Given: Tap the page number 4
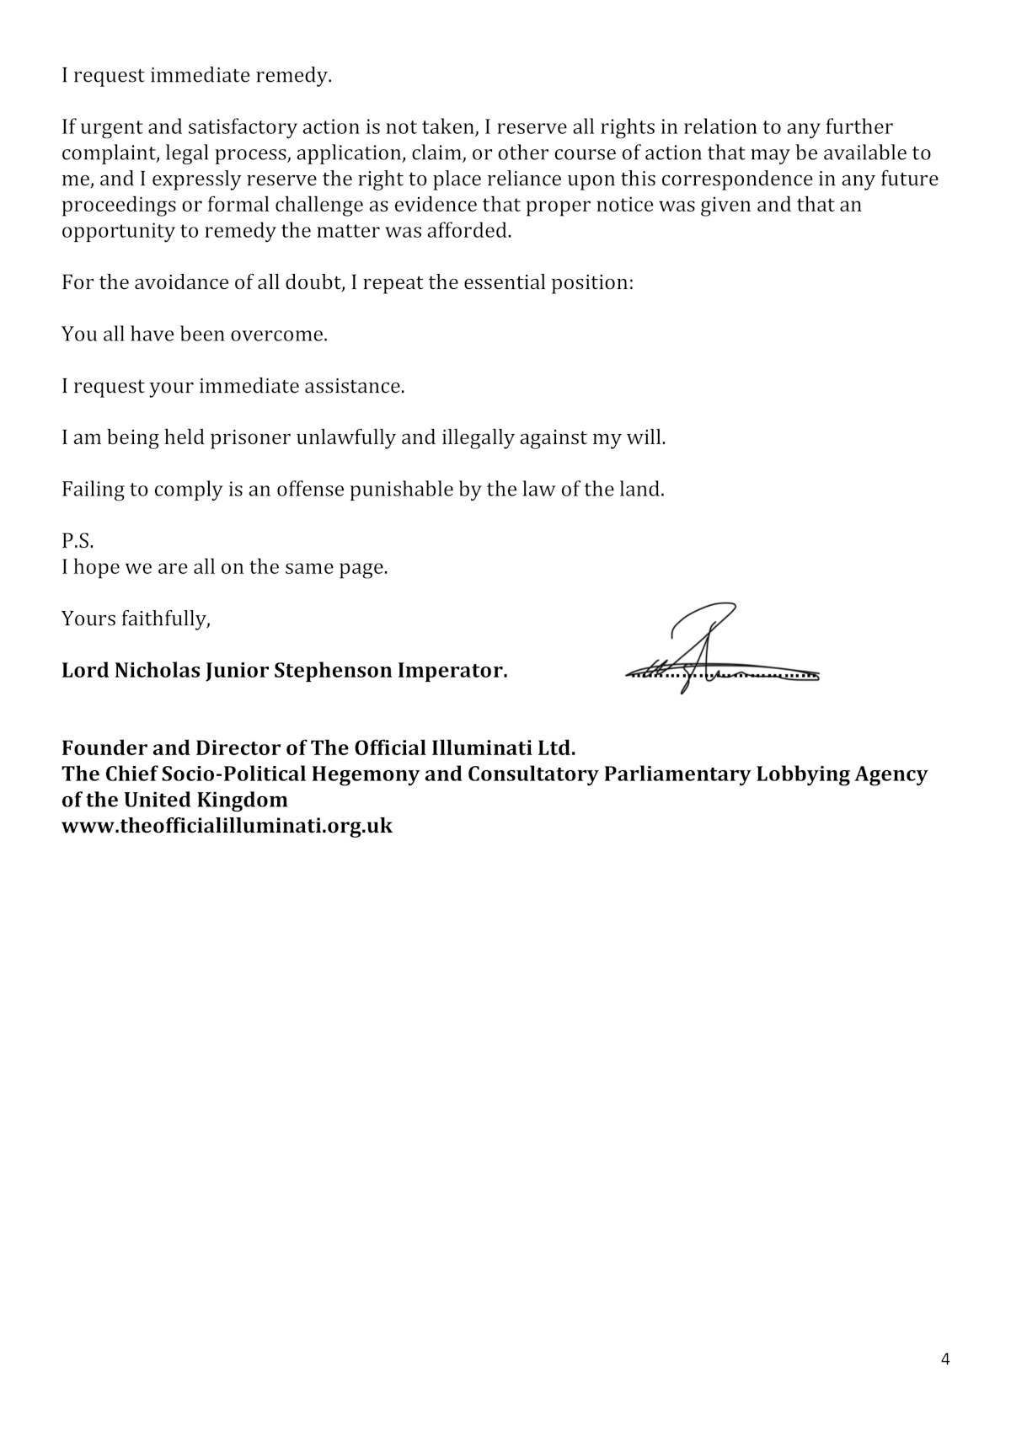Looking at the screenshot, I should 944,1359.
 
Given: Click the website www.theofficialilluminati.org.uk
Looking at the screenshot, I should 227,826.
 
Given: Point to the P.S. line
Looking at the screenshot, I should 78,541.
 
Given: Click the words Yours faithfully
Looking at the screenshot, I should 136,619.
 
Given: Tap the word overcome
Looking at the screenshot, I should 279,335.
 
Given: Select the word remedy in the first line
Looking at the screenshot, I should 296,76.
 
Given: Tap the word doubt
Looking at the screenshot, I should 313,282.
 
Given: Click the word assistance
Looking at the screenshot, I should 356,387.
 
